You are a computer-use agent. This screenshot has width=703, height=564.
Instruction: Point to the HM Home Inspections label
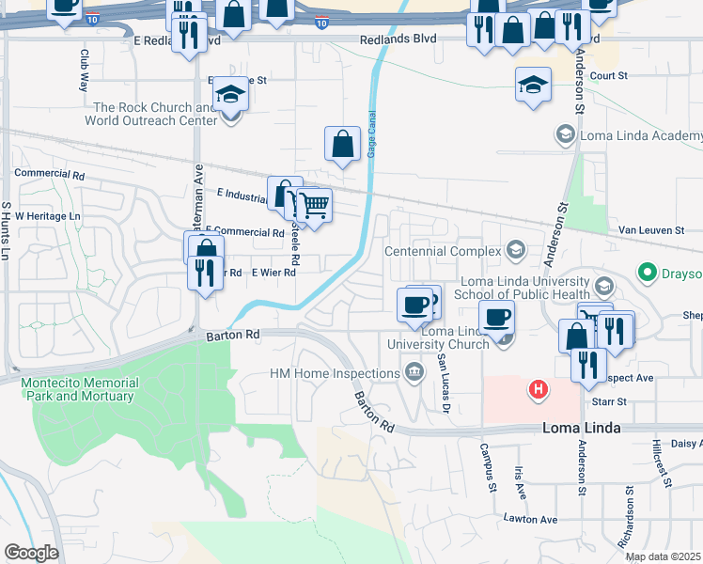(336, 373)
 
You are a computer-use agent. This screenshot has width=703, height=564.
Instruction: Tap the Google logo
(31, 553)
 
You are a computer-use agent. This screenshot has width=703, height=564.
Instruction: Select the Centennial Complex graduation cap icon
(515, 250)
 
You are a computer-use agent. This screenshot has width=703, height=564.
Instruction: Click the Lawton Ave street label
(529, 519)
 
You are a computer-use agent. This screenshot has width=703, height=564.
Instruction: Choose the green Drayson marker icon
(647, 274)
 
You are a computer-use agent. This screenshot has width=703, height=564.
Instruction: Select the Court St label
(609, 75)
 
